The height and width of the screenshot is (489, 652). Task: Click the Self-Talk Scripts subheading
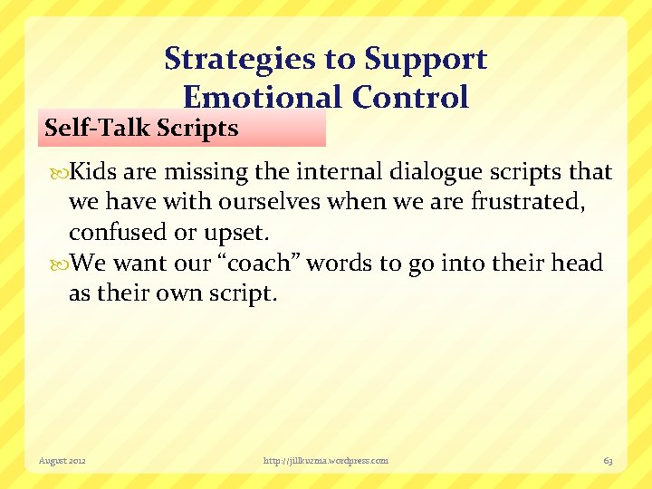click(x=141, y=128)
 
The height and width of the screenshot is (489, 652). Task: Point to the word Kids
click(x=93, y=172)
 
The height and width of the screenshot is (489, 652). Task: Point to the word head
click(x=579, y=264)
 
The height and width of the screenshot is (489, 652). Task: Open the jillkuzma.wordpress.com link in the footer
click(x=325, y=461)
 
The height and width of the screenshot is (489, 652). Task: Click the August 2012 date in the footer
click(x=62, y=461)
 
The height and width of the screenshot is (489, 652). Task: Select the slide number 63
click(x=608, y=461)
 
